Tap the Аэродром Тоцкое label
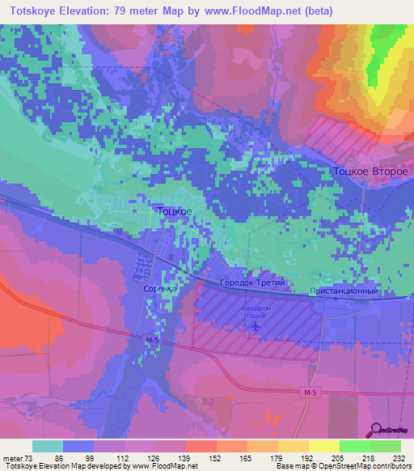click(x=257, y=312)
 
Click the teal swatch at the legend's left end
click(x=48, y=446)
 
